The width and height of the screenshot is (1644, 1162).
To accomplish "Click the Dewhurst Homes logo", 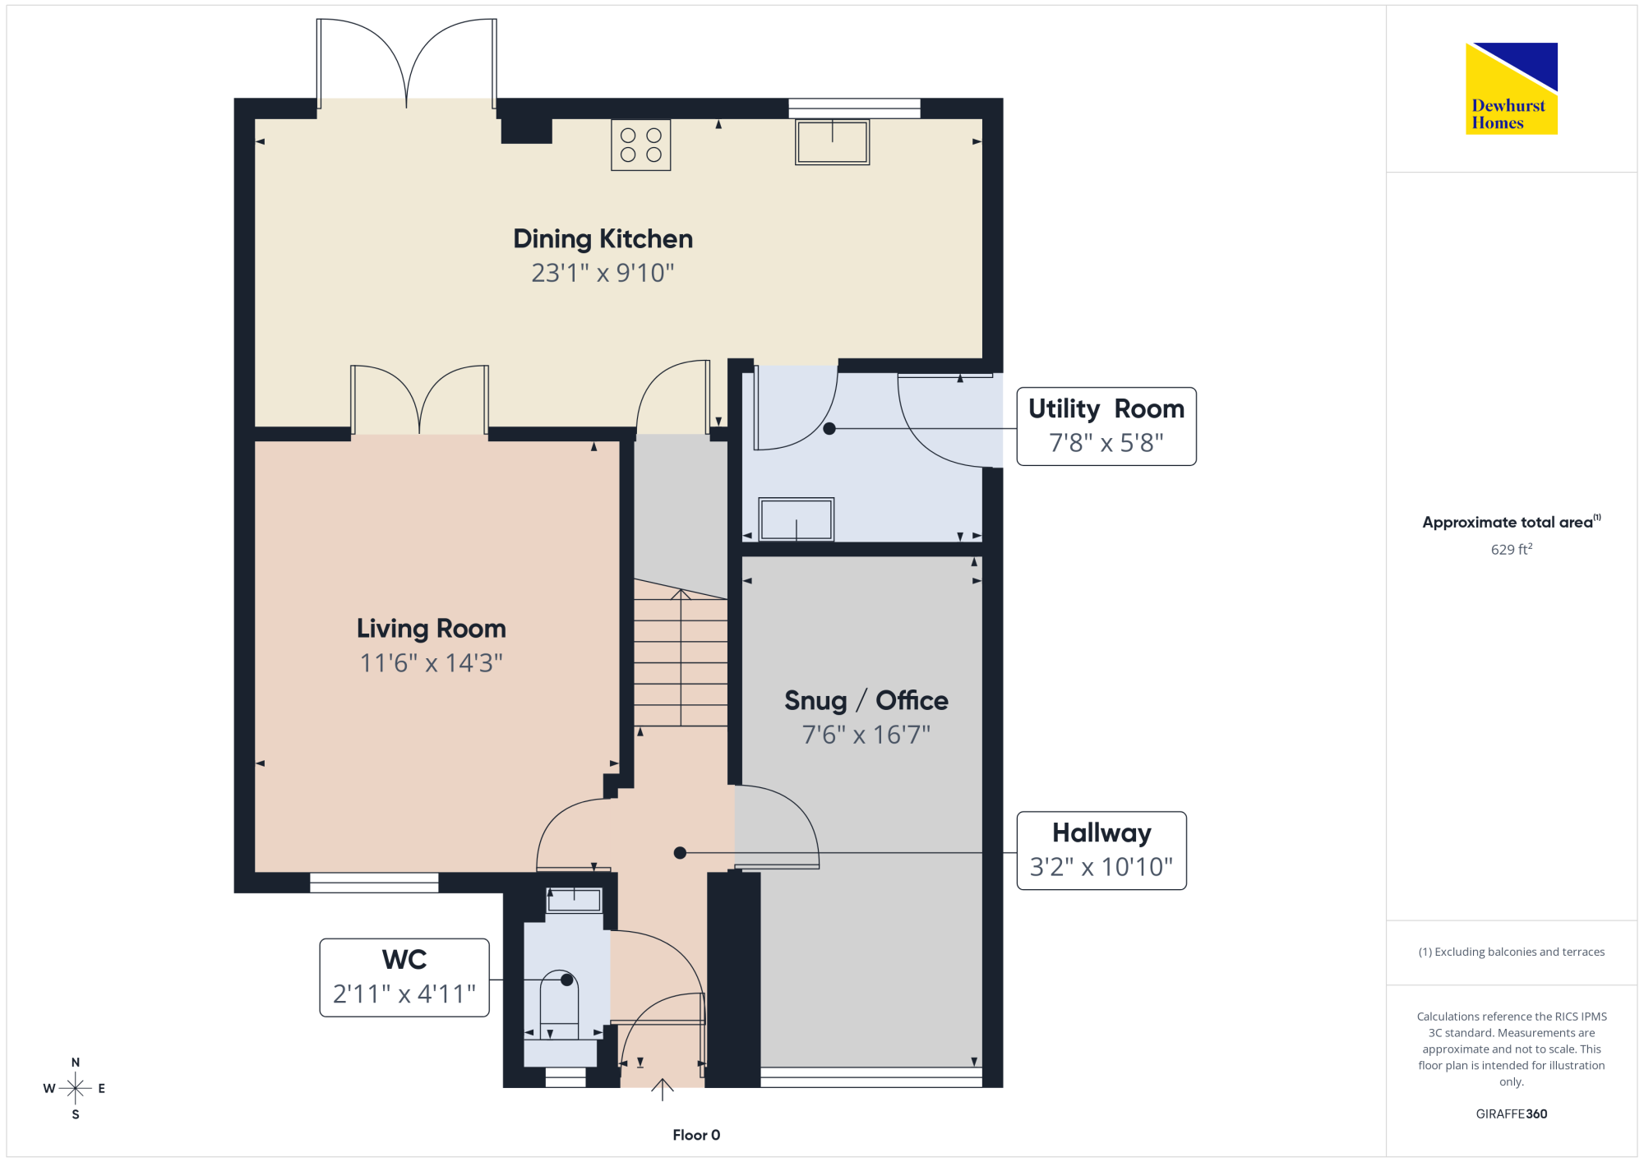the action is pos(1512,88).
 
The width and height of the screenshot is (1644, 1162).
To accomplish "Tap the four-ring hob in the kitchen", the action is pos(641,145).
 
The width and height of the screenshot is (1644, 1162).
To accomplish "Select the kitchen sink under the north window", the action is pos(832,142).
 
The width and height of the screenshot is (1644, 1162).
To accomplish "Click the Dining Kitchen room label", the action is pos(603,238).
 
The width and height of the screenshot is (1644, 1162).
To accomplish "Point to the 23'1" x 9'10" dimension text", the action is pos(603,273).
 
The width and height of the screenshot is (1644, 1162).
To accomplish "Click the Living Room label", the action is pos(432,629).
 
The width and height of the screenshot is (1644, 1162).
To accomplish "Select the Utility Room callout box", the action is pos(1106,427).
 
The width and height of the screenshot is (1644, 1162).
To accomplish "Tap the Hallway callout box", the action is pos(1101,851).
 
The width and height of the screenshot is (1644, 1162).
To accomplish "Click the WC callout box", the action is pos(404,978).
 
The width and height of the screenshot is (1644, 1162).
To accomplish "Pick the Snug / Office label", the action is pos(866,700).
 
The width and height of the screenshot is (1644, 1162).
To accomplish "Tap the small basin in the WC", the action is pos(575,900).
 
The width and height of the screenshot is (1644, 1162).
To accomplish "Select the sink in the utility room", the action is pos(796,519).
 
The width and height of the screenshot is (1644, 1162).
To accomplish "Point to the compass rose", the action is pos(75,1088).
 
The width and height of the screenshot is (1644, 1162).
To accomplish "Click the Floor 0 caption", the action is pos(696,1135).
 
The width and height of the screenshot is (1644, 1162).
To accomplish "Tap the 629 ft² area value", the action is pos(1512,549).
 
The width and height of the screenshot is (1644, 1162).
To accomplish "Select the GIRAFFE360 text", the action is pos(1512,1114).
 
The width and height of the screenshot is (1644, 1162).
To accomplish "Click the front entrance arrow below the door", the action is pos(663,1090).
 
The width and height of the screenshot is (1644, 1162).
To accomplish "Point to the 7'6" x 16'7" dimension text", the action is pos(866,735).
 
